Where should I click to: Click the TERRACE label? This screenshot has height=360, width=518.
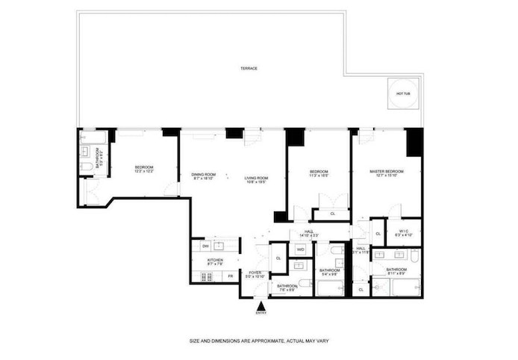249,68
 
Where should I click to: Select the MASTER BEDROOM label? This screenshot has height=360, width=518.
386,172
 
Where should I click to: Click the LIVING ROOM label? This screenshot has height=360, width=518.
256,178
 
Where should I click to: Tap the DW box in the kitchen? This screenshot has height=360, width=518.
205,246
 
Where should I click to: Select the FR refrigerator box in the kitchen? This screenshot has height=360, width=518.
230,276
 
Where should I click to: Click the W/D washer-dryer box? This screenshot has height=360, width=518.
300,249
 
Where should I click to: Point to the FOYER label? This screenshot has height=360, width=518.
255,273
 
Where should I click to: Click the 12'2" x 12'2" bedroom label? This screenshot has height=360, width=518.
144,169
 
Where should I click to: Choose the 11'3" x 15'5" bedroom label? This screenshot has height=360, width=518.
319,173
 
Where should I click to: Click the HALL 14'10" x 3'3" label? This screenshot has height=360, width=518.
309,233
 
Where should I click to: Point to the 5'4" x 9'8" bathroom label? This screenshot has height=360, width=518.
329,271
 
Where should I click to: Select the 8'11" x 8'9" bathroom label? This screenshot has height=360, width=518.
396,270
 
